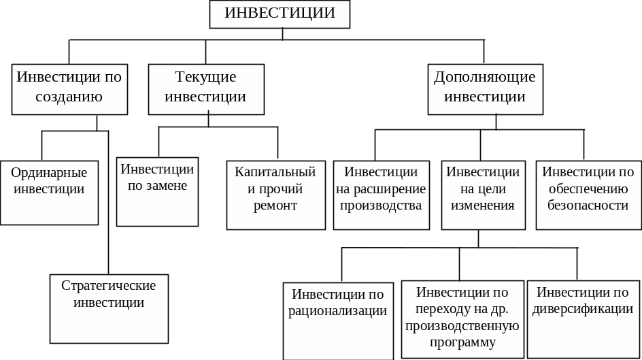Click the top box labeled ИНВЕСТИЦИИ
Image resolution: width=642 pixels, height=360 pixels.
[280, 14]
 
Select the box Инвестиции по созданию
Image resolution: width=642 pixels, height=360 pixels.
[69, 88]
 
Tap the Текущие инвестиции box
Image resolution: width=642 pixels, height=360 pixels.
[206, 88]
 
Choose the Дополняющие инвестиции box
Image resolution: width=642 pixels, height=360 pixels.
[485, 88]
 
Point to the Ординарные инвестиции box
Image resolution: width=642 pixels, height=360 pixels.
[49, 192]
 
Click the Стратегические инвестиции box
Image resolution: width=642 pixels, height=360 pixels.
[109, 308]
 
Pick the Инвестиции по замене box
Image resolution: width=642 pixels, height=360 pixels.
[157, 191]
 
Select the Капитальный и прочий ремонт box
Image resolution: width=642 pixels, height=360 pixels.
[275, 195]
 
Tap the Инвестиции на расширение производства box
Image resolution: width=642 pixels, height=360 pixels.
[381, 195]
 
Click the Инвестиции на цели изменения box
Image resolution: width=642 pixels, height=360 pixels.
[483, 195]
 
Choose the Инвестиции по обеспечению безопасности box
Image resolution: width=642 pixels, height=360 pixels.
[588, 195]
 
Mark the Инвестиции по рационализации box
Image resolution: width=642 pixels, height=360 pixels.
[338, 321]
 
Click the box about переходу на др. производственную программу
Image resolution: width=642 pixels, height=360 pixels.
[462, 318]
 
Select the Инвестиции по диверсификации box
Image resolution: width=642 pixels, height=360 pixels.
[583, 318]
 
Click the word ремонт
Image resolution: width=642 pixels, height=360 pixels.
[275, 206]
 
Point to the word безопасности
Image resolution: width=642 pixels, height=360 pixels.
[588, 205]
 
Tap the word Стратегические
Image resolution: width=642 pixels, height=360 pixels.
[109, 285]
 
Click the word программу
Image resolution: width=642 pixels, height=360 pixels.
[462, 342]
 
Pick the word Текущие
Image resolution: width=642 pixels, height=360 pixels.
[205, 77]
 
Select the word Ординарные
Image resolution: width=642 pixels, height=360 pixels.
[49, 173]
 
